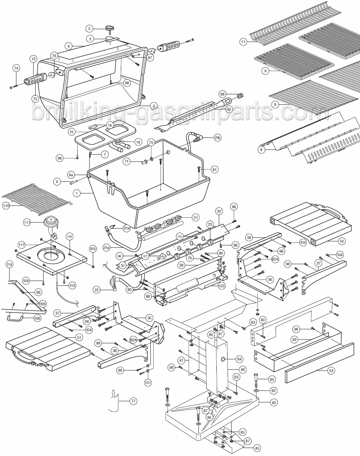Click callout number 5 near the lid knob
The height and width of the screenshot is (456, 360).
pyautogui.click(x=90, y=28)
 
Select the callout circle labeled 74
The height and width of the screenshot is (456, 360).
pyautogui.click(x=16, y=68)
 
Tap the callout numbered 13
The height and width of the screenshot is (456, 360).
pyautogui.click(x=33, y=59)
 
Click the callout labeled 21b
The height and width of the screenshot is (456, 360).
pyautogui.click(x=217, y=138)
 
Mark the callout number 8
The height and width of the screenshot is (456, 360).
pyautogui.click(x=261, y=150)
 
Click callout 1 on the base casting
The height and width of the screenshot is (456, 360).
pyautogui.click(x=75, y=193)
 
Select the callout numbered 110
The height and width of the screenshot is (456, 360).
pyautogui.click(x=6, y=206)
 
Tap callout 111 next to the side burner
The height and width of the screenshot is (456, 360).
pyautogui.click(x=27, y=222)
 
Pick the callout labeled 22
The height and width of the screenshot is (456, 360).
pyautogui.click(x=96, y=290)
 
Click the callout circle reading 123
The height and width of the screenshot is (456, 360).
pyautogui.click(x=222, y=286)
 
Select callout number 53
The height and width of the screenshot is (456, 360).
pyautogui.click(x=331, y=371)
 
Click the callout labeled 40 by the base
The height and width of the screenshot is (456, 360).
pyautogui.click(x=274, y=403)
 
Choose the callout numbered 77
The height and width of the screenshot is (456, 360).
pyautogui.click(x=133, y=400)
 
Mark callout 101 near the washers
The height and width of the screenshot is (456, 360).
pyautogui.click(x=148, y=382)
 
